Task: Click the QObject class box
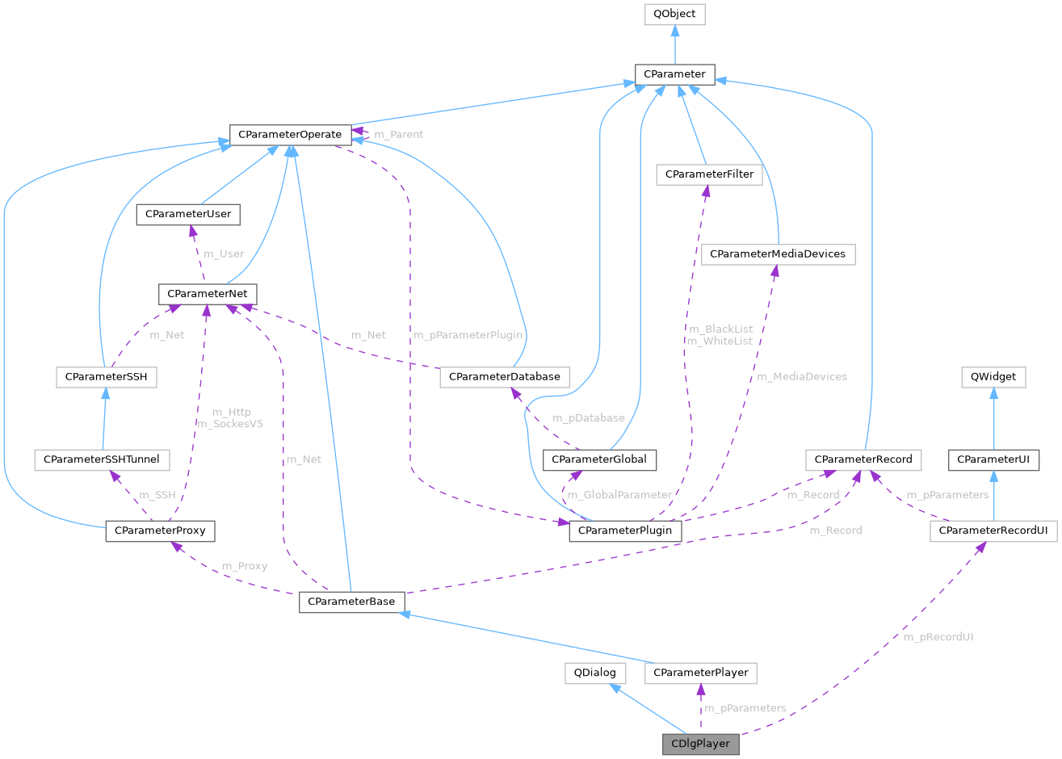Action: coord(674,15)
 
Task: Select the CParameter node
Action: coord(674,74)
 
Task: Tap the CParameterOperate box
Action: coord(290,134)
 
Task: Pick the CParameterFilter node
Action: coord(709,174)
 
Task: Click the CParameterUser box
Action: coord(188,215)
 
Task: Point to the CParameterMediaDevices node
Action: coord(778,254)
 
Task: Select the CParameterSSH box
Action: coord(106,376)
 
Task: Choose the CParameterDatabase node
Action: coord(505,376)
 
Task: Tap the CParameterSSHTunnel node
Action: coord(102,459)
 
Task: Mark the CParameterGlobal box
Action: coord(600,459)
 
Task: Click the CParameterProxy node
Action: coord(160,530)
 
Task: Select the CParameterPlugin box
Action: coord(625,530)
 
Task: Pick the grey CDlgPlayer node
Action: coord(700,744)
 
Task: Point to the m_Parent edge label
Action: coord(398,134)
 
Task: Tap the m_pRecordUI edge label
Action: coord(938,637)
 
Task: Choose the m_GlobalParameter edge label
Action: coord(619,495)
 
